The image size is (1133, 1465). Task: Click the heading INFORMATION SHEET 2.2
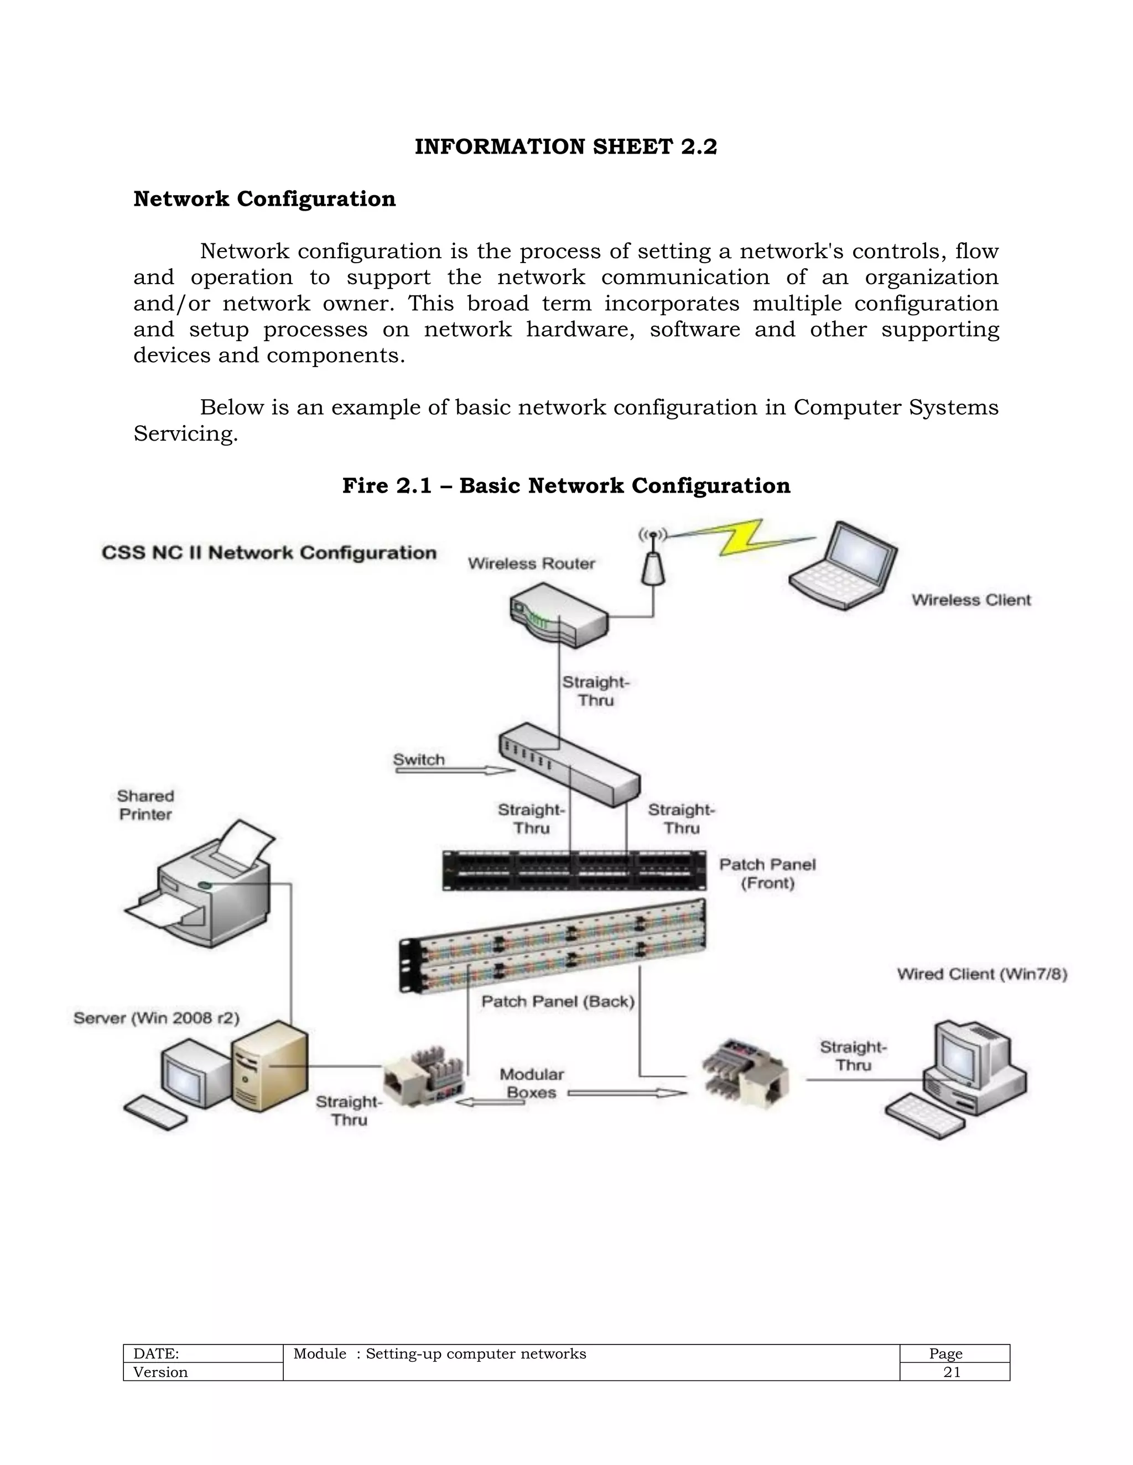coord(566,147)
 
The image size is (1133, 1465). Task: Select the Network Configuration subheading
coord(264,199)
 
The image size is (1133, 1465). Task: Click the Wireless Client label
coord(970,600)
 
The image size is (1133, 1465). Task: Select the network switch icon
coord(569,764)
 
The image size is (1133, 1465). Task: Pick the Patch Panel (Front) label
coord(767,873)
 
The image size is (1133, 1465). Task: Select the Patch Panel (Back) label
coord(558,1002)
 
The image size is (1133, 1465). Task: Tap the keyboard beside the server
coord(155,1113)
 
